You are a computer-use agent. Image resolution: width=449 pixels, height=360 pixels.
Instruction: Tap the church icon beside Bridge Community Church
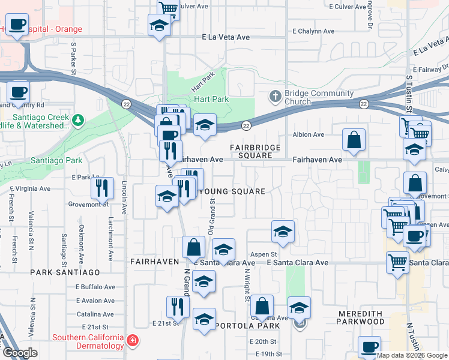click(x=276, y=96)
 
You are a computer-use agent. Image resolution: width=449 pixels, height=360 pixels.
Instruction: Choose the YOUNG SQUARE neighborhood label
click(x=232, y=191)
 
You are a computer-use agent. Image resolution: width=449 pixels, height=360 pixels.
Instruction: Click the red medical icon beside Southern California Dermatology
click(x=133, y=341)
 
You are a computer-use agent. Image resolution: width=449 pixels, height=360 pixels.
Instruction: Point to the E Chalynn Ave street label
click(x=313, y=31)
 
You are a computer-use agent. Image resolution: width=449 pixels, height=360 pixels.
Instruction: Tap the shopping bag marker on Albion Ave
click(x=354, y=140)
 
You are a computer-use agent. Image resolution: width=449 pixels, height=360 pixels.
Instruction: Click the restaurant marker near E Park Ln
click(x=103, y=188)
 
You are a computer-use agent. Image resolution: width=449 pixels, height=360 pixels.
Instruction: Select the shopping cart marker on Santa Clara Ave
click(x=398, y=262)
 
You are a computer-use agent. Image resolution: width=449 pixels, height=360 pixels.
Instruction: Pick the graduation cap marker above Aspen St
click(x=283, y=232)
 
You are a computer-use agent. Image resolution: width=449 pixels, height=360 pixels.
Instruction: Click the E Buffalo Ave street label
click(x=95, y=286)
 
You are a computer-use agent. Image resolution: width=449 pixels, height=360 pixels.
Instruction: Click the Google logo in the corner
click(x=20, y=353)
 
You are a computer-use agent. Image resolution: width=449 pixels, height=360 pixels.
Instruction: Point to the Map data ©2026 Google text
click(x=412, y=355)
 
